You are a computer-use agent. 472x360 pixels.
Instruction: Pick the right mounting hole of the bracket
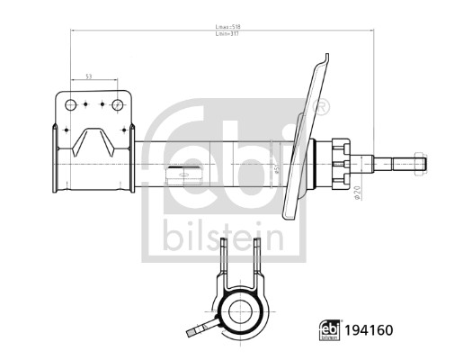(x=116, y=104)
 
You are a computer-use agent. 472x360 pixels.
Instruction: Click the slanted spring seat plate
(x=307, y=135)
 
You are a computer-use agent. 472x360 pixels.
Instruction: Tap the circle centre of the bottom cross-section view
(x=243, y=314)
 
